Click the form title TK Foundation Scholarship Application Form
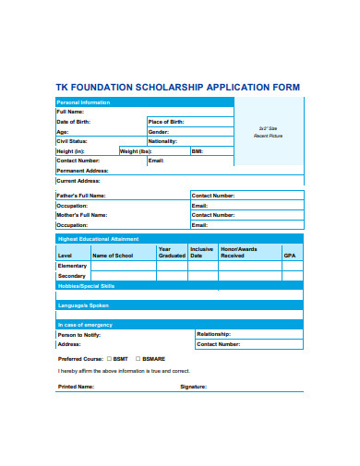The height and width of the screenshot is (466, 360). click(179, 88)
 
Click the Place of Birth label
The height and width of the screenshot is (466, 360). click(166, 122)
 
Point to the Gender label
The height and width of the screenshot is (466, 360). click(159, 131)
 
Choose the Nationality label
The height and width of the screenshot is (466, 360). click(162, 141)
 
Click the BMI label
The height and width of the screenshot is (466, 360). click(197, 150)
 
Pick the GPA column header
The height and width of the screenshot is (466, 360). click(290, 255)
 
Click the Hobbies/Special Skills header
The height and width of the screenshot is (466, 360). click(87, 286)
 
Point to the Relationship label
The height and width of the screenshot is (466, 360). click(213, 333)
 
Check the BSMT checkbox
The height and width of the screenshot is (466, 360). click(110, 357)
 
